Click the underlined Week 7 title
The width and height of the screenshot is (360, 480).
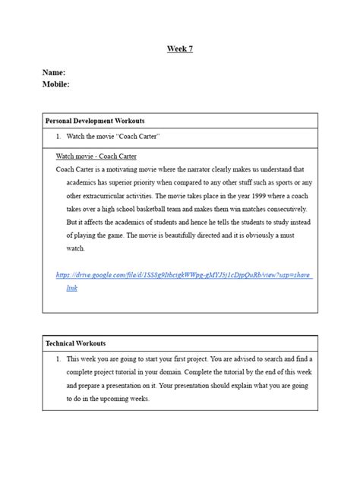179,49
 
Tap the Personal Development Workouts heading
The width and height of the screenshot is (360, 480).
95,121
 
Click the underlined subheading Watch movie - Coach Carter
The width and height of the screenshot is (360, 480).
96,156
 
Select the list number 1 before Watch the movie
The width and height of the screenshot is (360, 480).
58,136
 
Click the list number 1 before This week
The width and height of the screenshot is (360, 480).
58,358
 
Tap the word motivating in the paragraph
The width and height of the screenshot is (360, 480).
129,169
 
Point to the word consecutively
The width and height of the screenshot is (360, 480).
281,208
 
